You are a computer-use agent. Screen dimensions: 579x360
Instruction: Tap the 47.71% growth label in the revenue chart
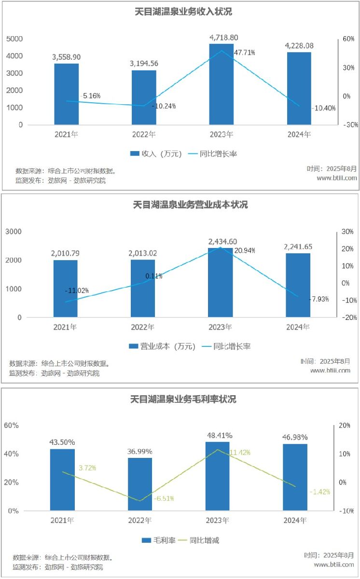click(244, 52)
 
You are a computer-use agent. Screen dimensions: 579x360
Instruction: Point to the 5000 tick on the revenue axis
click(14, 39)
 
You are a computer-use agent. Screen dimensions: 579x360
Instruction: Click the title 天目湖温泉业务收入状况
click(183, 12)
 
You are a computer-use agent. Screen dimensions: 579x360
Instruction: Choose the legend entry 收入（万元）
click(156, 154)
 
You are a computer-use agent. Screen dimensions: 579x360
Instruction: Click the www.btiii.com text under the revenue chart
click(337, 178)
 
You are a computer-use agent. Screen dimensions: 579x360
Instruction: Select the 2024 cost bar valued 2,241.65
click(298, 285)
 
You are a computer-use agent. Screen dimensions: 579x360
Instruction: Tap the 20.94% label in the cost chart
click(245, 250)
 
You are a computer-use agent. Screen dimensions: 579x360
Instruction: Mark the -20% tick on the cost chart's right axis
click(348, 317)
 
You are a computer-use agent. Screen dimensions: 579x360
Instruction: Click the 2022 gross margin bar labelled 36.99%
click(140, 484)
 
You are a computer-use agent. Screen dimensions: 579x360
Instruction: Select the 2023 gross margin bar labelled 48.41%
click(218, 476)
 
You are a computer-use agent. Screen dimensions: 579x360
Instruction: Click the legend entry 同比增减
click(197, 540)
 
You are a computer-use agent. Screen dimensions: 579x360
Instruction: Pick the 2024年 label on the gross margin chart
click(295, 521)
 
